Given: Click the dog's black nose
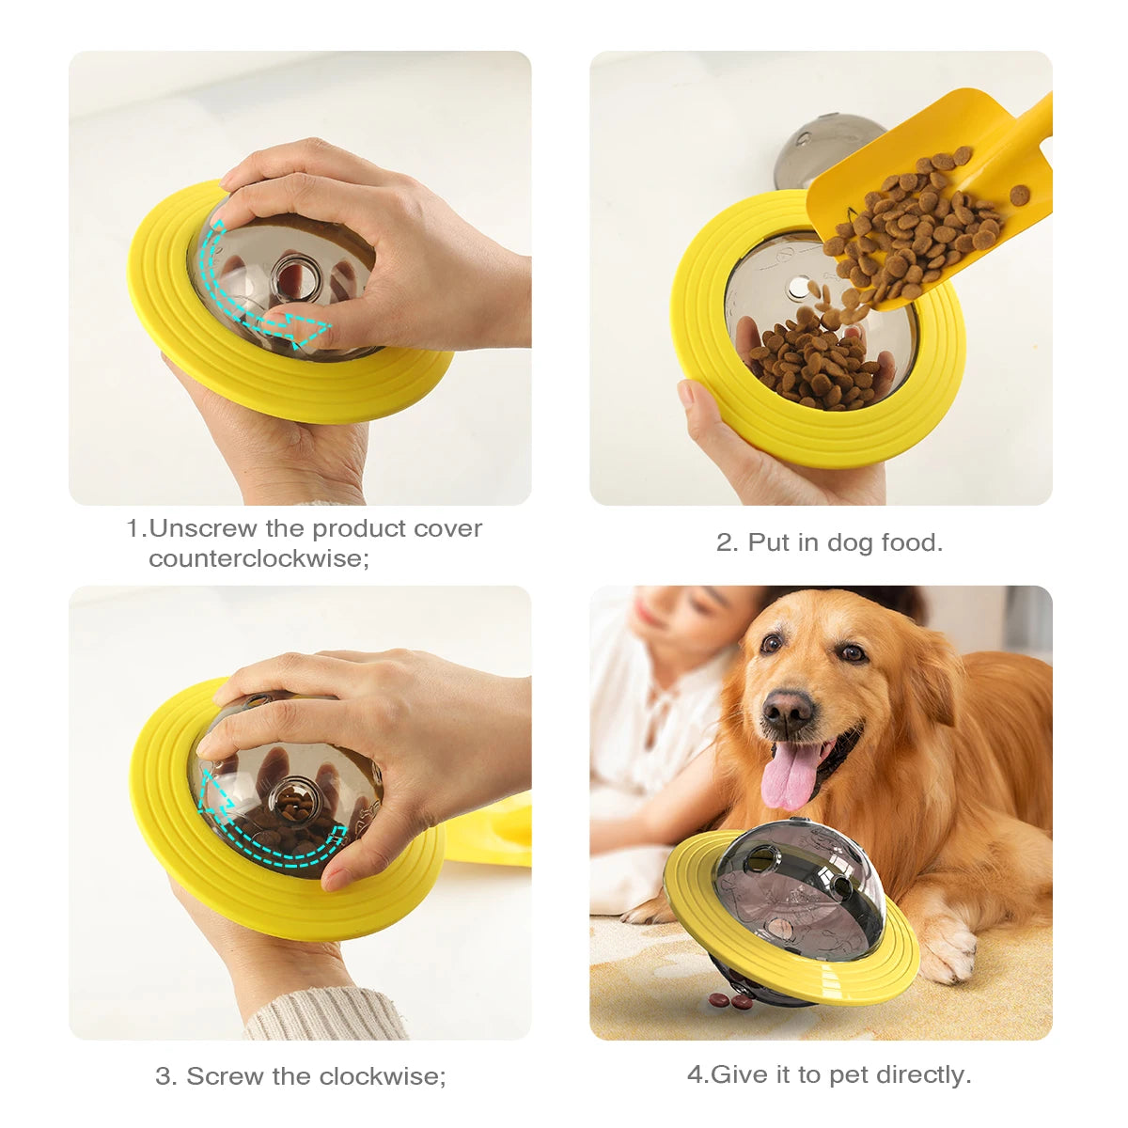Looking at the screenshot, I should click(x=788, y=713).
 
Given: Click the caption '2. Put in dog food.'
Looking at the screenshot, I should click(x=829, y=542).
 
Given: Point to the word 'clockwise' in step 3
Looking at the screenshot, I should click(x=381, y=1075).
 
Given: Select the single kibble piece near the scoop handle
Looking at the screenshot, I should click(x=1019, y=196).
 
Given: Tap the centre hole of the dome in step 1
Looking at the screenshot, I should click(x=292, y=274).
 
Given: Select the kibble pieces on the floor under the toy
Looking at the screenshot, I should click(x=731, y=1001).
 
